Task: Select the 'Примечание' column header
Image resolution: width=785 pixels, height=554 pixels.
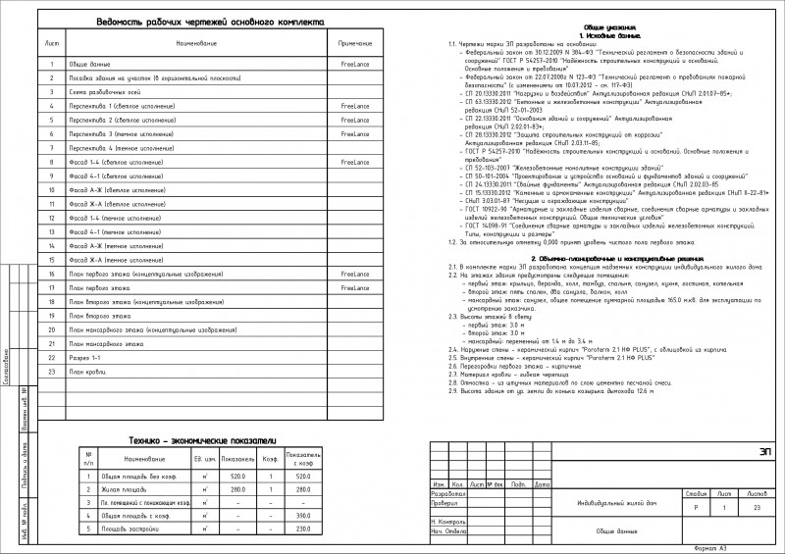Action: click(x=355, y=45)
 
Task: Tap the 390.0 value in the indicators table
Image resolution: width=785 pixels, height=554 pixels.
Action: click(x=303, y=515)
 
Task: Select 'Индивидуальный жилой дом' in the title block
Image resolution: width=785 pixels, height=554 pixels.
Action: click(x=617, y=504)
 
